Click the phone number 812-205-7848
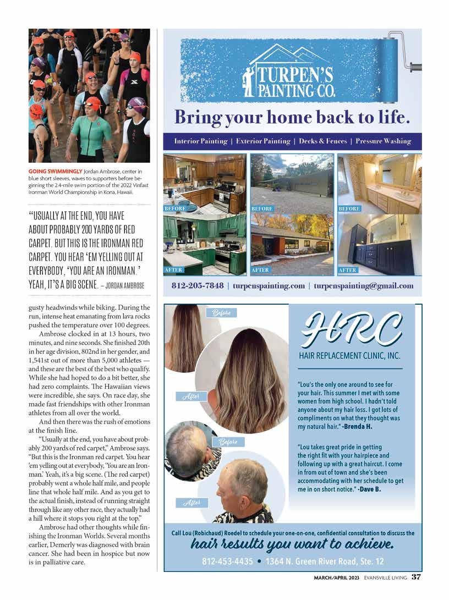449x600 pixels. click(x=198, y=286)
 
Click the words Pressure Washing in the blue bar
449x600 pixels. click(x=383, y=141)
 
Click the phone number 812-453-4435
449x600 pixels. click(x=227, y=562)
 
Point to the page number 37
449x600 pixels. click(x=416, y=577)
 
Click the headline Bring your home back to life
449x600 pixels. click(x=292, y=117)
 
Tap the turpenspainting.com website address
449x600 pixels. click(x=269, y=286)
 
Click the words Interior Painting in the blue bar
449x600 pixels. click(x=200, y=141)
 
